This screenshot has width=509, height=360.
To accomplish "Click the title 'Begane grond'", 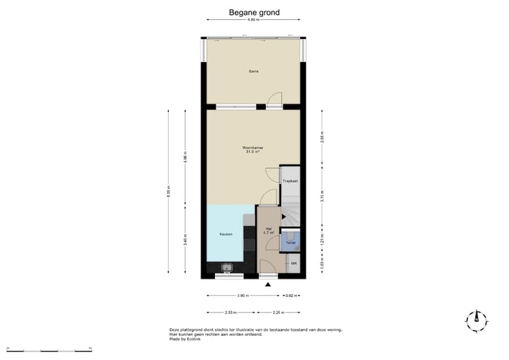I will click(x=254, y=13).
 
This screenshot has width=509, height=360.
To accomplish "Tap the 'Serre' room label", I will click(x=252, y=71).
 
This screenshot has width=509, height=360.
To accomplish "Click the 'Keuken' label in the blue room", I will click(x=226, y=234).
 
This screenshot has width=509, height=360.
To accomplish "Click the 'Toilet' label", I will click(x=290, y=243).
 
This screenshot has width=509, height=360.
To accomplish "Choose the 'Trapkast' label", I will click(x=290, y=182).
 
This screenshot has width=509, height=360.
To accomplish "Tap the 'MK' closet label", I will click(x=293, y=263).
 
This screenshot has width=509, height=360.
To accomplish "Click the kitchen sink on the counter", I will click(x=228, y=267).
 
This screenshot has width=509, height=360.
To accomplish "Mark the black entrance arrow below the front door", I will click(x=268, y=284).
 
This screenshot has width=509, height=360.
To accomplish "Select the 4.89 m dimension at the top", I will click(x=252, y=20).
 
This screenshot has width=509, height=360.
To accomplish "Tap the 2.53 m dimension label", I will click(x=230, y=312).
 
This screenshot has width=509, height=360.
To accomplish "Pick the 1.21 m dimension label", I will click(x=322, y=242).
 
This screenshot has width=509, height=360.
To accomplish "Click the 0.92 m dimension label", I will click(x=289, y=296).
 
